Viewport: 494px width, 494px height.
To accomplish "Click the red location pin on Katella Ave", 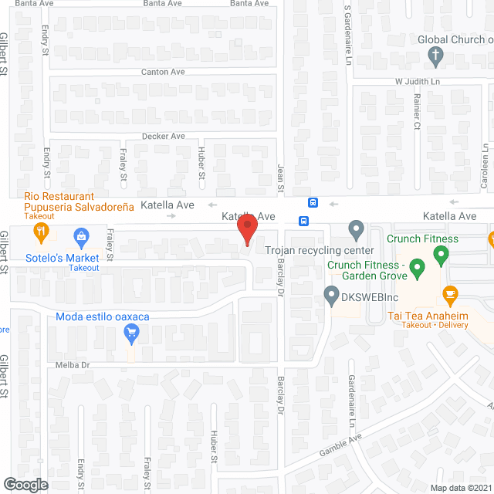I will pos(246,231).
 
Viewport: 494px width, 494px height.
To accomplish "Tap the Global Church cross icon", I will pos(435,56).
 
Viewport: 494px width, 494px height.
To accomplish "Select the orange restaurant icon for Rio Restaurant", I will pos(42,232).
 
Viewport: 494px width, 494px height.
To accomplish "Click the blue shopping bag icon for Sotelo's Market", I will pos(80,235).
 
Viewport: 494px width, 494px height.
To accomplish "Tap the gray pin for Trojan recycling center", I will pos(356,229).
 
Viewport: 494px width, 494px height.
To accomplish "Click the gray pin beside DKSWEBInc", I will pos(331,295).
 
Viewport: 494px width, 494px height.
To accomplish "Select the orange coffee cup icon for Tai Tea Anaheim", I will pos(450,294).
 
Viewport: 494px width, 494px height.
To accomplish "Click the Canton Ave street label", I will pos(163,72).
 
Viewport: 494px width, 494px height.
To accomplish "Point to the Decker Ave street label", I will pos(163,136).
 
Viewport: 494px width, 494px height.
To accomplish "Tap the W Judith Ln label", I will pos(418,82).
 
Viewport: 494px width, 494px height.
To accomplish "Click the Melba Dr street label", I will pos(73,364).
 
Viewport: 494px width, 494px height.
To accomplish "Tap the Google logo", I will pos(25,485).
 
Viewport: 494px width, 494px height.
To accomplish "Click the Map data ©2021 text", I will pos(460,487).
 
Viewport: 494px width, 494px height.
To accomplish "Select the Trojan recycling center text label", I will pos(320,251).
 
